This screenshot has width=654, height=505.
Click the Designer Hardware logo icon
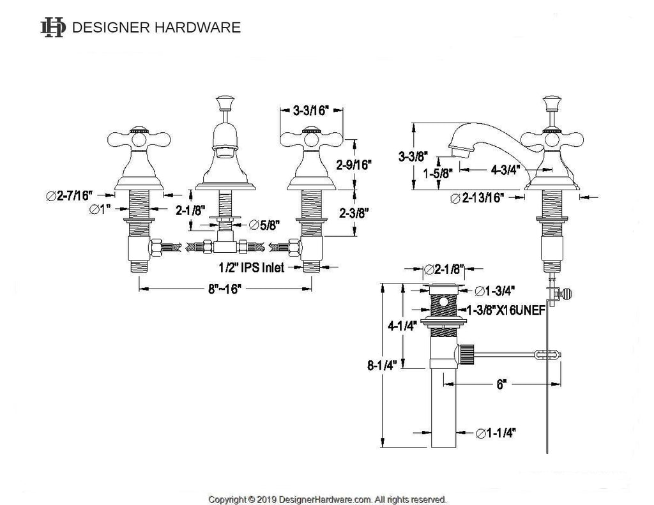(53, 27)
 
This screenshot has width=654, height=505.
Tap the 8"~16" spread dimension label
(225, 289)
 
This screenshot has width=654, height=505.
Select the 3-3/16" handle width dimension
(311, 110)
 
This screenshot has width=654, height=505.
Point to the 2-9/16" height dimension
(354, 165)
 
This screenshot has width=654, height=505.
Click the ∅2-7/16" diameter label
(69, 195)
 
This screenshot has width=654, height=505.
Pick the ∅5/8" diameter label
(264, 225)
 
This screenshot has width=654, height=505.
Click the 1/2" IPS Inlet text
(252, 268)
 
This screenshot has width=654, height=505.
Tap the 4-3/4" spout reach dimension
(506, 170)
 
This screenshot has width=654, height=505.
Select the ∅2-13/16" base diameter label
(478, 198)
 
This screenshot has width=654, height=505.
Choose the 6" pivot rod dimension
(501, 384)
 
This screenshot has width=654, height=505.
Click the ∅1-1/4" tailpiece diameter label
(496, 433)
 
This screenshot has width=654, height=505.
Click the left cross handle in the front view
(139, 139)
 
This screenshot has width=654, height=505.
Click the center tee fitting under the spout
(225, 246)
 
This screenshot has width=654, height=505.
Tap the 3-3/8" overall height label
(413, 156)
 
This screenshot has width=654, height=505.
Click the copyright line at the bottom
(327, 499)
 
